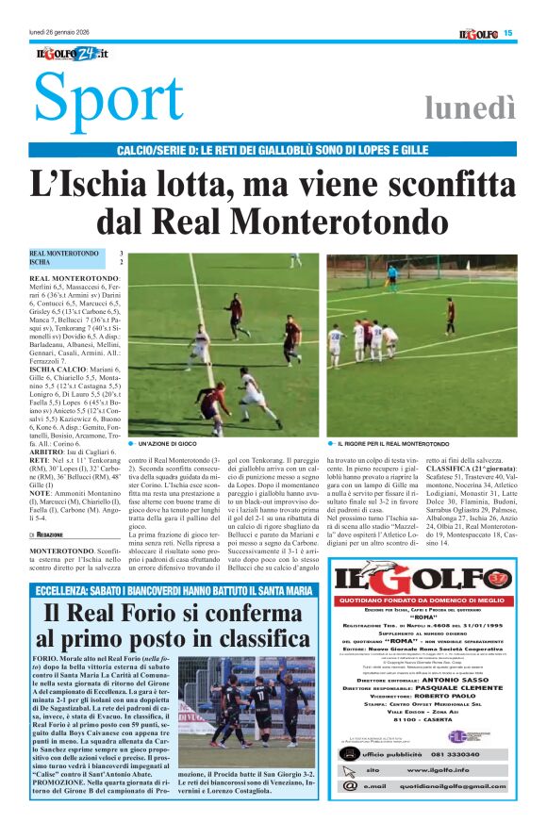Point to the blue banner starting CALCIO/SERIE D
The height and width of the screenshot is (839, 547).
[x=273, y=151]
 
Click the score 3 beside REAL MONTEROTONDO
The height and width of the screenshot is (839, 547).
[x=120, y=254]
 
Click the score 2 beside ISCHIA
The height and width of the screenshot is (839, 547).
[x=120, y=262]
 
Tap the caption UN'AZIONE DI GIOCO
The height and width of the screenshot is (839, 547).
[x=169, y=443]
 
